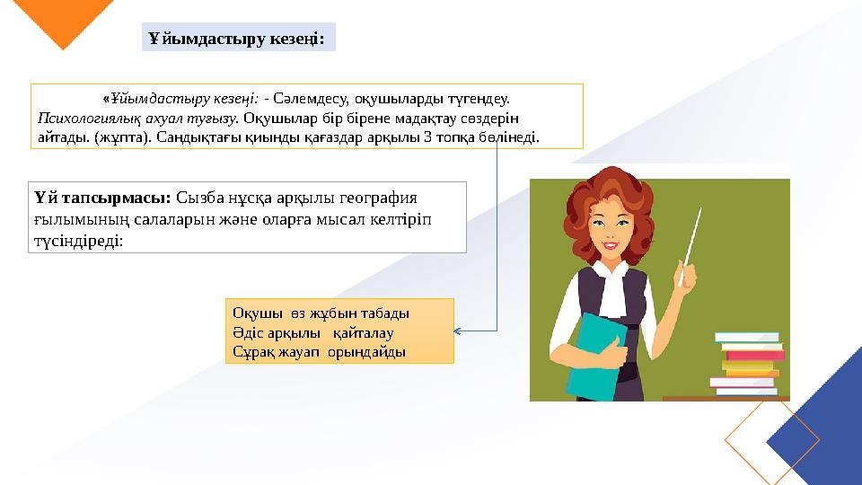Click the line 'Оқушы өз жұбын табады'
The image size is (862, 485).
click(x=321, y=313)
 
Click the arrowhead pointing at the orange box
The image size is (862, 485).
click(x=459, y=331)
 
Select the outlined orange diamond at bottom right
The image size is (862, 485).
click(x=771, y=441)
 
